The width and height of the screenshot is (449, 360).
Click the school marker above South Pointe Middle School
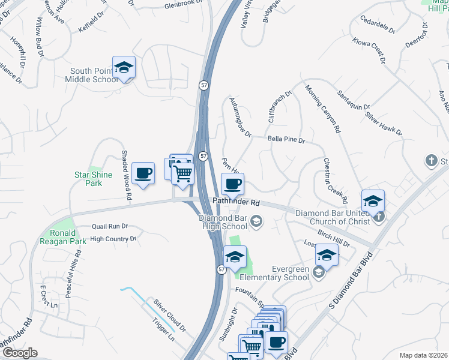point(124,68)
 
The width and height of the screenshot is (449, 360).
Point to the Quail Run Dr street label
point(110,226)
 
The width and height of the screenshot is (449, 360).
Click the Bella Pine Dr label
point(286,139)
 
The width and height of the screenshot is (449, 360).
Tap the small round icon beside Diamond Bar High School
point(256,222)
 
